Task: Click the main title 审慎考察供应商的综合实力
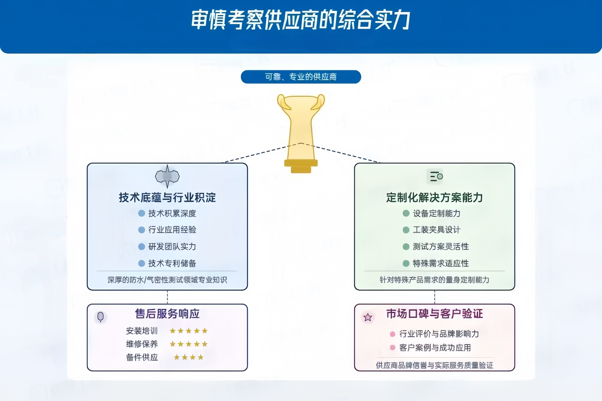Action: click(x=301, y=20)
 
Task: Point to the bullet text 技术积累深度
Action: click(x=172, y=213)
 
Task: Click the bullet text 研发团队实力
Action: click(x=172, y=247)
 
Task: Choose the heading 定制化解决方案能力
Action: click(x=434, y=198)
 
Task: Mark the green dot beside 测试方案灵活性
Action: click(x=406, y=247)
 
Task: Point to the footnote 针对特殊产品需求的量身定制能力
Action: click(x=434, y=280)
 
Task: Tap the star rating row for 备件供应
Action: click(x=189, y=357)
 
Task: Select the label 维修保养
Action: click(x=142, y=344)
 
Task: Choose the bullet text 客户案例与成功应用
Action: click(x=435, y=348)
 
